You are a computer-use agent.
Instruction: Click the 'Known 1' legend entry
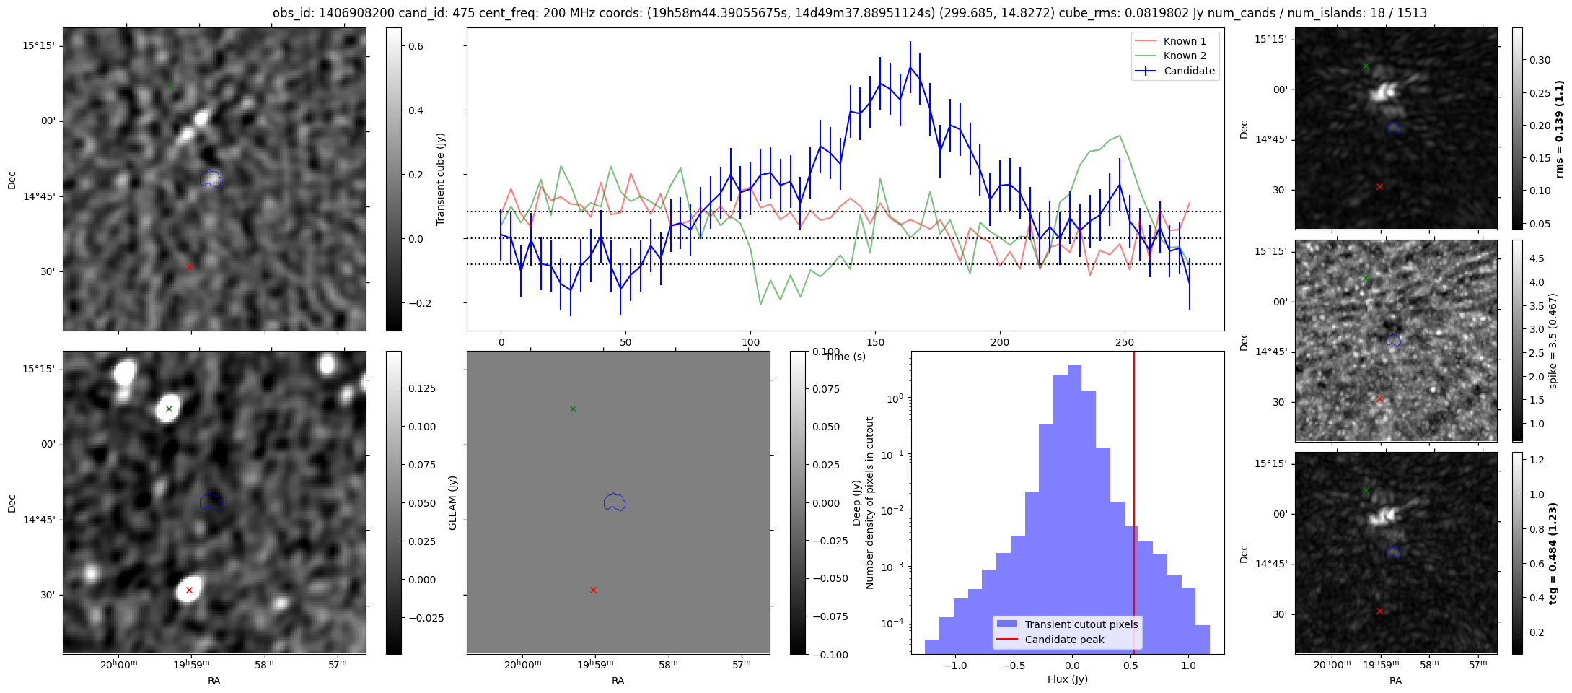coord(1185,41)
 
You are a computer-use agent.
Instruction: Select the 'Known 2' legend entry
coord(1185,56)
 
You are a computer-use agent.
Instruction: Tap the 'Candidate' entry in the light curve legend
coord(1189,71)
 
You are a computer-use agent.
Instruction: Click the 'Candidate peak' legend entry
coord(1064,640)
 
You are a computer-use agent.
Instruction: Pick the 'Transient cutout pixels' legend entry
coord(1081,624)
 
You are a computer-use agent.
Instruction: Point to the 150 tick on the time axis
coord(875,342)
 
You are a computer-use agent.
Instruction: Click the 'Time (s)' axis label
coord(846,357)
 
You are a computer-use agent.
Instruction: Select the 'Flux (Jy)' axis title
coord(1067,679)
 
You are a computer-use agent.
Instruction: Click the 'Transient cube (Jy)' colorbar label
coord(441,179)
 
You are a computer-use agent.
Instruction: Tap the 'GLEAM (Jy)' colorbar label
coord(453,502)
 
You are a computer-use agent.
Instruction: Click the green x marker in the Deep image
coord(169,409)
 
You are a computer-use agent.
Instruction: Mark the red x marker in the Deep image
coord(189,590)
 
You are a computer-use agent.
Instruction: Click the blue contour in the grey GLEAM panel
coord(614,502)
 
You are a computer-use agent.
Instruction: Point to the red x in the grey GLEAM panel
coord(593,590)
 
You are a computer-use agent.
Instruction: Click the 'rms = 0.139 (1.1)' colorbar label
coord(1559,129)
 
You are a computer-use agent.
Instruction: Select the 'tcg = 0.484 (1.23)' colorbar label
coord(1553,553)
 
